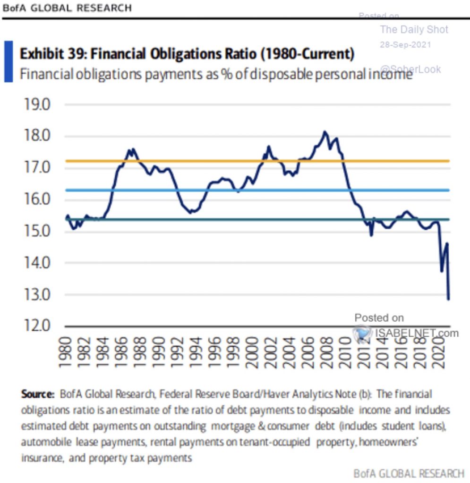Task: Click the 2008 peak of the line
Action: (325, 132)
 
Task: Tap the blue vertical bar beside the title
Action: (9, 61)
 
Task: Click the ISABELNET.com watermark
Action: (411, 333)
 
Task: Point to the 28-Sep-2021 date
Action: (405, 45)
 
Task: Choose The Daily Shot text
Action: (414, 30)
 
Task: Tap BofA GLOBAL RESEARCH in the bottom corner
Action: (408, 473)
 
